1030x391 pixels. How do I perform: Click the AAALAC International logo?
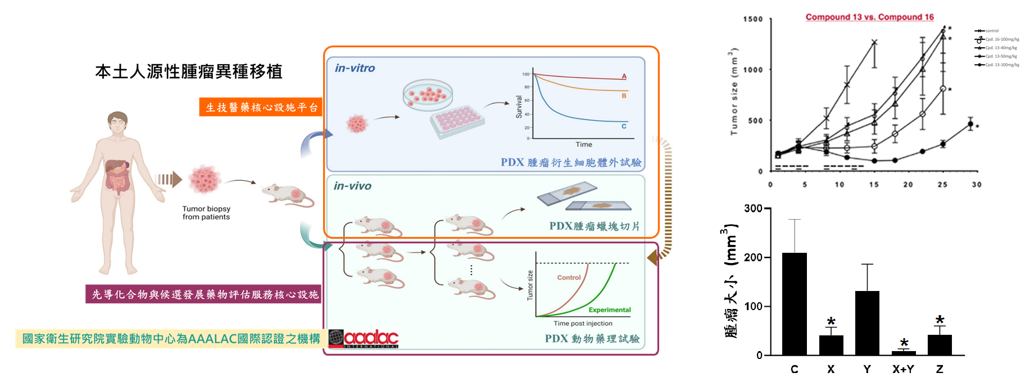point(364,339)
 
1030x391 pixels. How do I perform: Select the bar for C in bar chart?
point(794,303)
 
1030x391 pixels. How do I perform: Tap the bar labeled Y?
point(867,322)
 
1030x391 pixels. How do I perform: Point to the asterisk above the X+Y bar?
point(904,343)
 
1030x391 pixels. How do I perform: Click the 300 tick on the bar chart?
point(753,208)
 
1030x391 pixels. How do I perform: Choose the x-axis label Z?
point(940,369)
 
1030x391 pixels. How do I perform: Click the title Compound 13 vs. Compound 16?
point(869,17)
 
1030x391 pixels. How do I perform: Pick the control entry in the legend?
point(991,31)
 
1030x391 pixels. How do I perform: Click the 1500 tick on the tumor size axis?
point(753,19)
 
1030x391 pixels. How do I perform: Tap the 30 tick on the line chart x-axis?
point(977,184)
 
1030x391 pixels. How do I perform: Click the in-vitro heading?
point(355,68)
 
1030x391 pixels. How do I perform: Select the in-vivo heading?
point(352,186)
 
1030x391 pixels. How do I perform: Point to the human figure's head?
point(118,122)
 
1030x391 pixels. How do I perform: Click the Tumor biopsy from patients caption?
point(206,213)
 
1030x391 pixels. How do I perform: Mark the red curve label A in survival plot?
point(624,76)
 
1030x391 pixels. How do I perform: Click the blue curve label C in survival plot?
point(624,126)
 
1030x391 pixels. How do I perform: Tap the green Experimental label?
point(610,310)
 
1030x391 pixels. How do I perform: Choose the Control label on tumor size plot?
point(569,278)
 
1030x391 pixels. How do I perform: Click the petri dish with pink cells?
point(428,94)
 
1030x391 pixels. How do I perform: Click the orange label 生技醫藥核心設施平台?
point(261,107)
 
